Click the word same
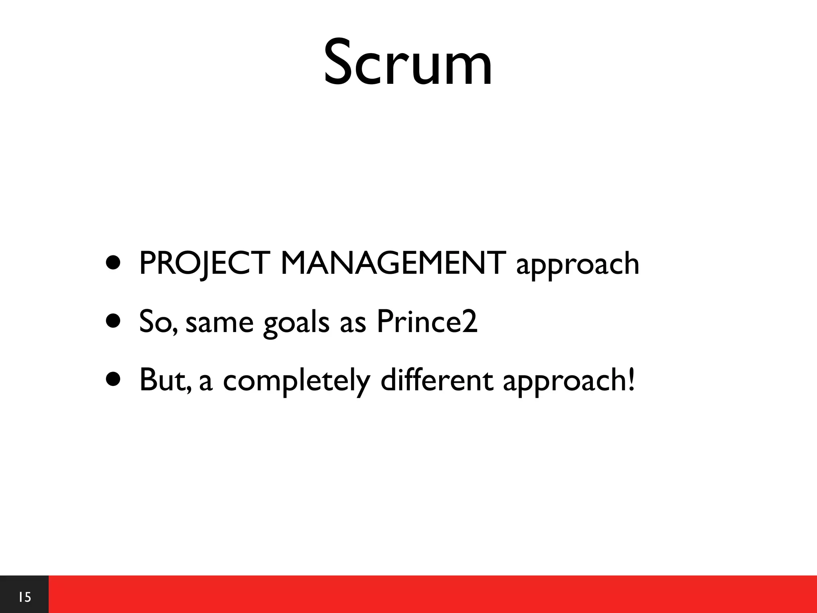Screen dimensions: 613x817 pos(219,322)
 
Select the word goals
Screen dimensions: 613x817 pos(296,322)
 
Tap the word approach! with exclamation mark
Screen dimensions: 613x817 pos(568,381)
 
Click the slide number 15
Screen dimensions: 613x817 pos(25,597)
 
